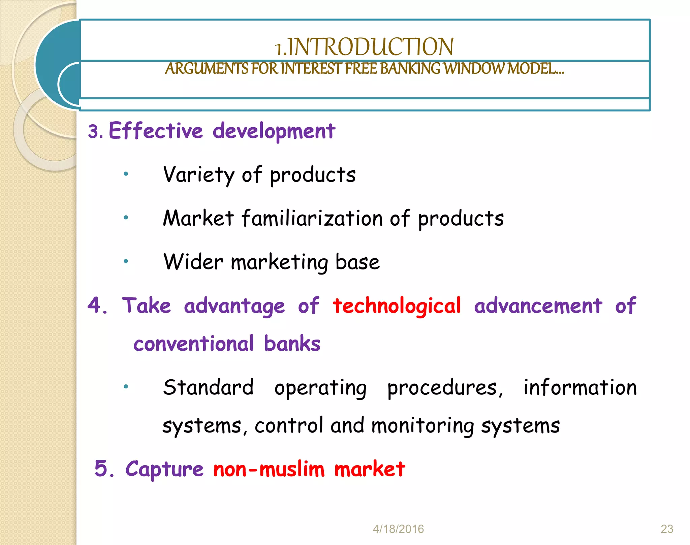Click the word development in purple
point(274,131)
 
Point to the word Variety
point(198,175)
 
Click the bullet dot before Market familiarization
point(126,218)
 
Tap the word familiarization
point(312,218)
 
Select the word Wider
point(193,262)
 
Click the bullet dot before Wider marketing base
point(126,261)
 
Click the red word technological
point(397,306)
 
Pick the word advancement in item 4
point(538,306)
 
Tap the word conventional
point(193,344)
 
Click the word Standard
point(208,387)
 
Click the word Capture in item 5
point(164,469)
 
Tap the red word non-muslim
point(269,469)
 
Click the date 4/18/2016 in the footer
point(398,529)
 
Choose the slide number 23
point(667,529)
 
